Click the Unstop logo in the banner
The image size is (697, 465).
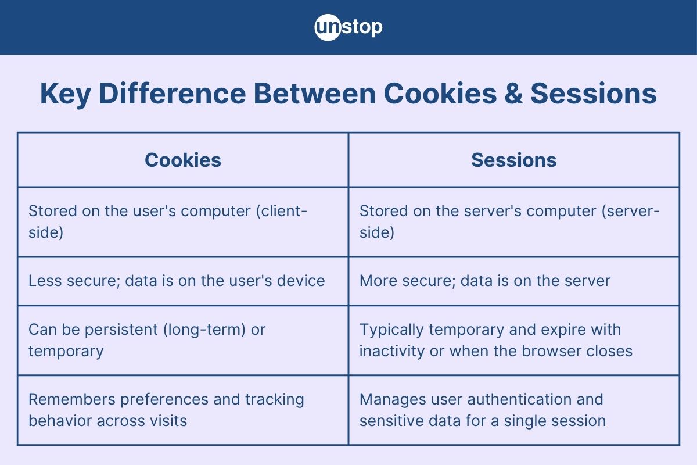[348, 27]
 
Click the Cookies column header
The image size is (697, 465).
[183, 160]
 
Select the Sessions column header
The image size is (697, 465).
[513, 160]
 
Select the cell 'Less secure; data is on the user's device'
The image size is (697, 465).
[177, 281]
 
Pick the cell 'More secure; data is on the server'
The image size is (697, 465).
[485, 281]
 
